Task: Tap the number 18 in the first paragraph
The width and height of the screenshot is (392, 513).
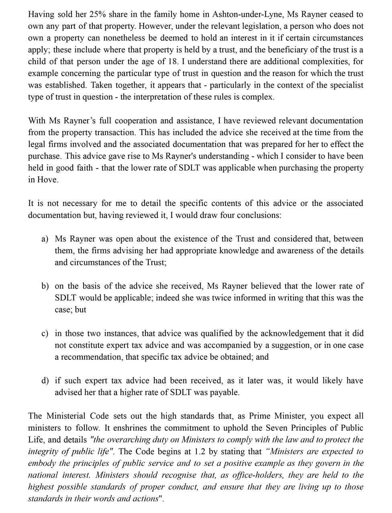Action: pos(167,62)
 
